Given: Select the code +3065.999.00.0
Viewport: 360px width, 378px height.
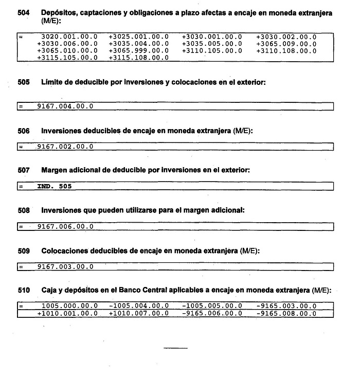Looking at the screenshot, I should [138, 51].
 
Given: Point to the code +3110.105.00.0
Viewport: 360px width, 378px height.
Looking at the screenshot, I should [212, 51].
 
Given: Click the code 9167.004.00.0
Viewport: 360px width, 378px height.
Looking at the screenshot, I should [65, 106].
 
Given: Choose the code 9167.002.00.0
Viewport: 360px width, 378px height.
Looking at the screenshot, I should [65, 147].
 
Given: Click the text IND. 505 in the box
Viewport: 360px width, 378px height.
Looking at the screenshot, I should [55, 187].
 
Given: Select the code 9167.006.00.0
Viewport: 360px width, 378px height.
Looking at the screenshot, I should [65, 226].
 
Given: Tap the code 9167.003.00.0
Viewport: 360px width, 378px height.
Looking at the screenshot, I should [65, 266].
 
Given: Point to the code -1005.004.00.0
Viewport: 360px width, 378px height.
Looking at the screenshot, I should [138, 306].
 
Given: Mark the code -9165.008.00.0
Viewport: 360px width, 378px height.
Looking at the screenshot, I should [286, 313].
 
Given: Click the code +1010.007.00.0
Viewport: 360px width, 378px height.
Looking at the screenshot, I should [138, 313].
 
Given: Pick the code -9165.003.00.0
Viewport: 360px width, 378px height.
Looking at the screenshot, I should [286, 306].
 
